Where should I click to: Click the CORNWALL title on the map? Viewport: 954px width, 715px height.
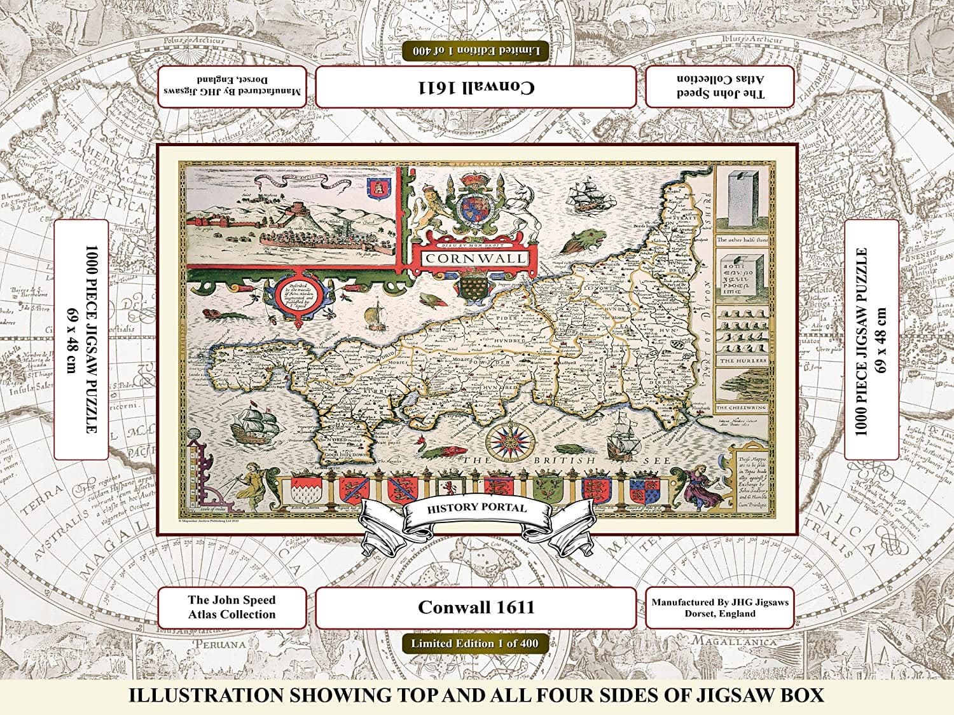tap(476, 258)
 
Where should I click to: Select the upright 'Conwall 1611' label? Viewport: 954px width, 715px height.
tap(476, 608)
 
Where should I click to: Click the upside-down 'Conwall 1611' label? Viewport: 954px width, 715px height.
tap(476, 87)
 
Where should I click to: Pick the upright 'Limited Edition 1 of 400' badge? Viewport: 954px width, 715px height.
tap(474, 643)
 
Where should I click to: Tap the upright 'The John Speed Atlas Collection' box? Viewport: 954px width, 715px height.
tap(232, 607)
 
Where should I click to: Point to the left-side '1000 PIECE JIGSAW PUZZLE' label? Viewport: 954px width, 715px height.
tap(81, 339)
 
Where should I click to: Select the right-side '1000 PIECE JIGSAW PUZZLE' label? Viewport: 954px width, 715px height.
tap(871, 339)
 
